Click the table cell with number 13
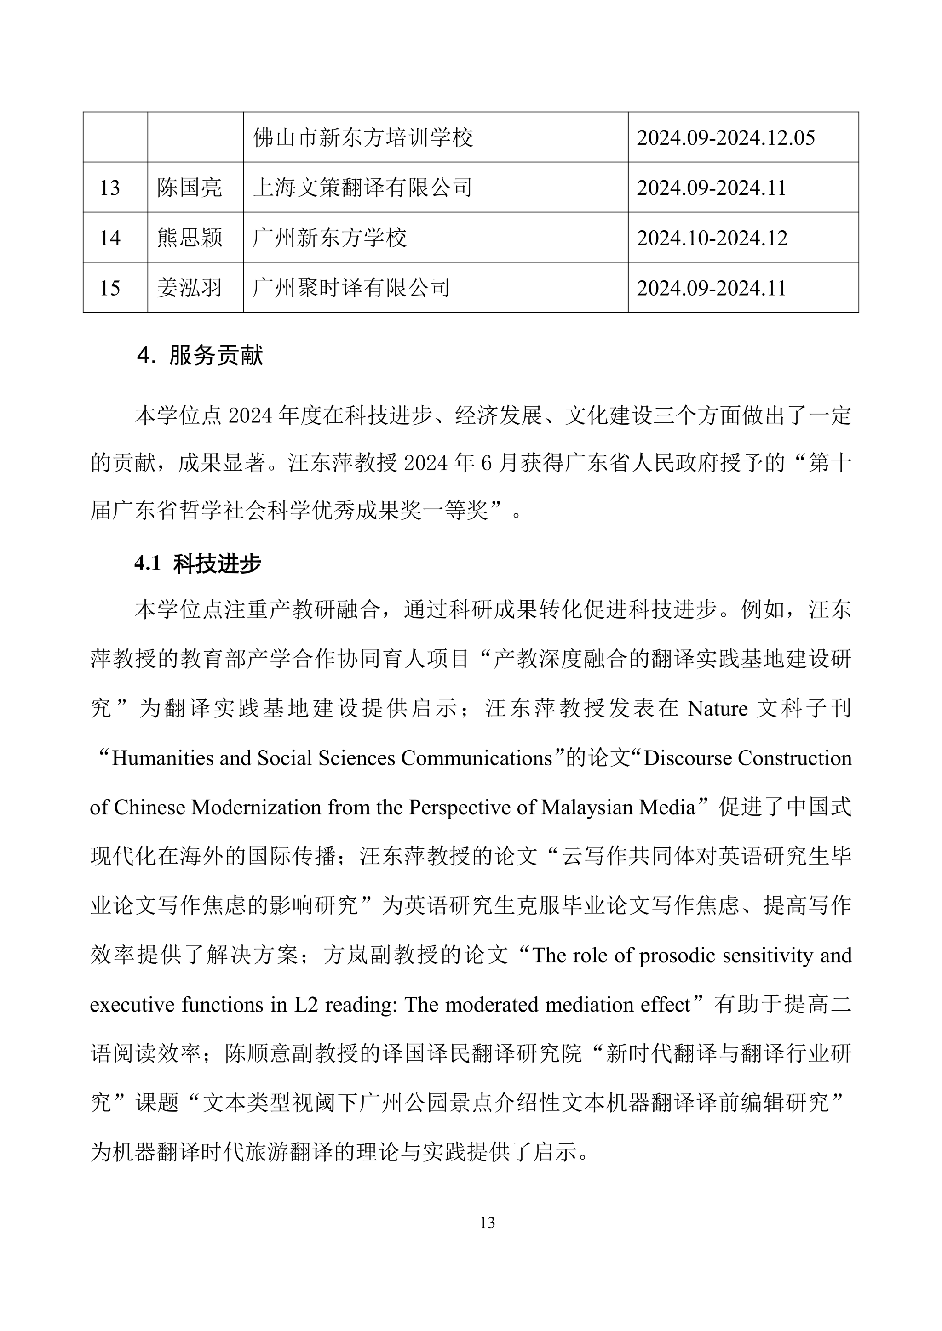110,188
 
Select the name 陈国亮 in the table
190,188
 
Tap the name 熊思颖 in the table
190,238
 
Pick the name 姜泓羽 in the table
190,288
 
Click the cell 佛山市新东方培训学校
363,138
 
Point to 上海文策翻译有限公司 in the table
362,188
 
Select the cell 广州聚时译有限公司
351,288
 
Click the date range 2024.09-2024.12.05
726,138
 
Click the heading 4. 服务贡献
200,355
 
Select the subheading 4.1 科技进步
198,563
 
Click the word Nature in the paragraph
718,709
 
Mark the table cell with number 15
110,288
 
